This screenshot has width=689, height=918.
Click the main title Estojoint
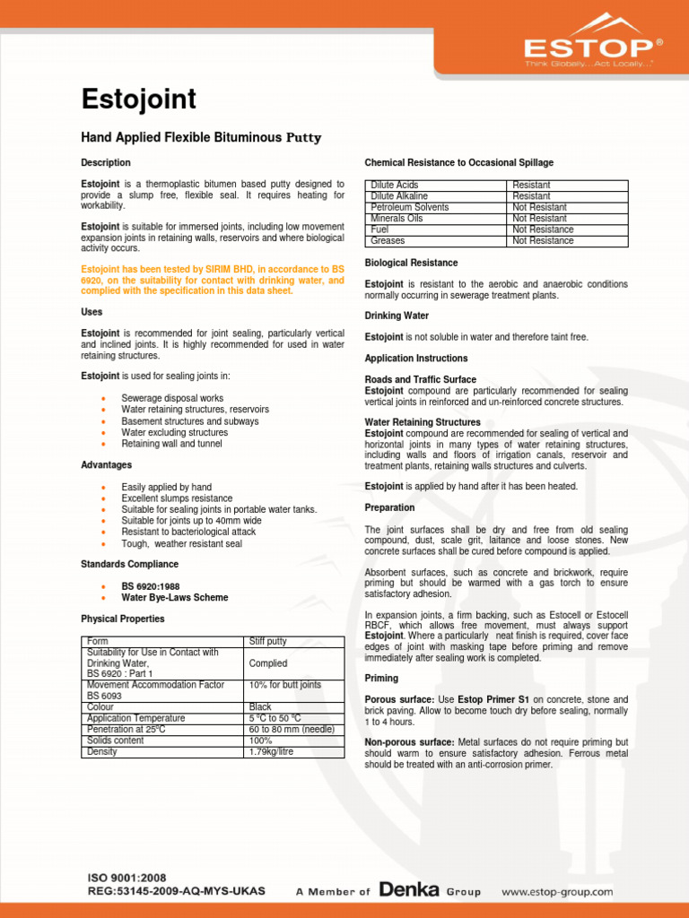[138, 100]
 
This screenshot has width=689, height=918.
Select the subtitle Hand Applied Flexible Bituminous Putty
[201, 138]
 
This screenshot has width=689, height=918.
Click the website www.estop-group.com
[557, 891]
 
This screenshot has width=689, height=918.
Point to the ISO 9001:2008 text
[126, 878]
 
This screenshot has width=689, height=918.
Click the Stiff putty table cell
[268, 642]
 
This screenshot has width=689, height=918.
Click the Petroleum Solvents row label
[410, 207]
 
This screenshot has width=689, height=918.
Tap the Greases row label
[388, 240]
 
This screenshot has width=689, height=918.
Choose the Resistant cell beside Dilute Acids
[531, 185]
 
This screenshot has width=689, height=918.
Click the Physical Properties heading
[123, 619]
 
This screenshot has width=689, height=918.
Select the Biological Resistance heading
[411, 263]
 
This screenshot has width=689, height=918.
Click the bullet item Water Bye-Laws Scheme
[175, 597]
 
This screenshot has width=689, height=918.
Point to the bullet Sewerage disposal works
[172, 398]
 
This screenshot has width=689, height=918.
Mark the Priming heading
[383, 679]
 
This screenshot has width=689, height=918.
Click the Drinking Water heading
[397, 316]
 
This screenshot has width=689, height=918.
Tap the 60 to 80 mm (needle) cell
[292, 729]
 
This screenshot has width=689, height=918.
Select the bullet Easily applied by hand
[167, 487]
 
